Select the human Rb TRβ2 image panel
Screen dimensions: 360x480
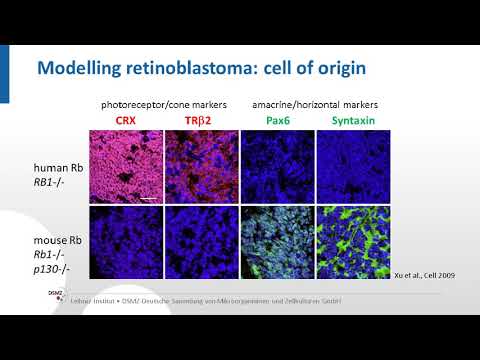tap(201, 166)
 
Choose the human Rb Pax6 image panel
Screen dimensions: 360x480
tap(276, 166)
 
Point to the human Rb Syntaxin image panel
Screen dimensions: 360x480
tap(351, 166)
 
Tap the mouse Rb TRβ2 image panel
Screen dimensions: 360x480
tap(201, 241)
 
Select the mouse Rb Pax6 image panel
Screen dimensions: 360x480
tap(276, 241)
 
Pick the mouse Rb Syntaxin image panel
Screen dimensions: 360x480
tap(351, 241)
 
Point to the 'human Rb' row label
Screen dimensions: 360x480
tap(52, 167)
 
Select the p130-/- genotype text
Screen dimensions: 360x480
tap(50, 267)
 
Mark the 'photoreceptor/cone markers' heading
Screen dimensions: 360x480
tap(163, 104)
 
